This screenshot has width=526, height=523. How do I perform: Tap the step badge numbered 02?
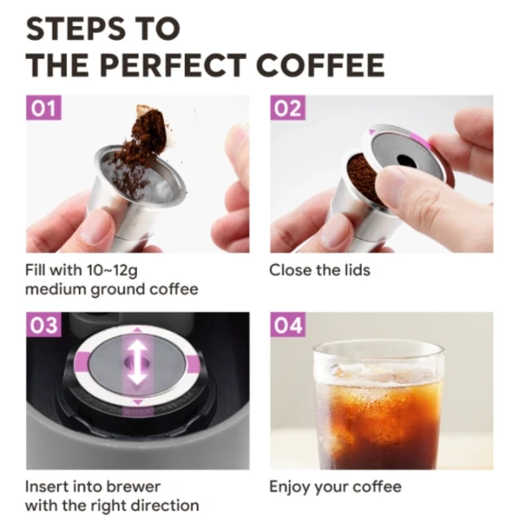[x=287, y=110]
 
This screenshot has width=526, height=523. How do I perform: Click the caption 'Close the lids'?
[x=319, y=270]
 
